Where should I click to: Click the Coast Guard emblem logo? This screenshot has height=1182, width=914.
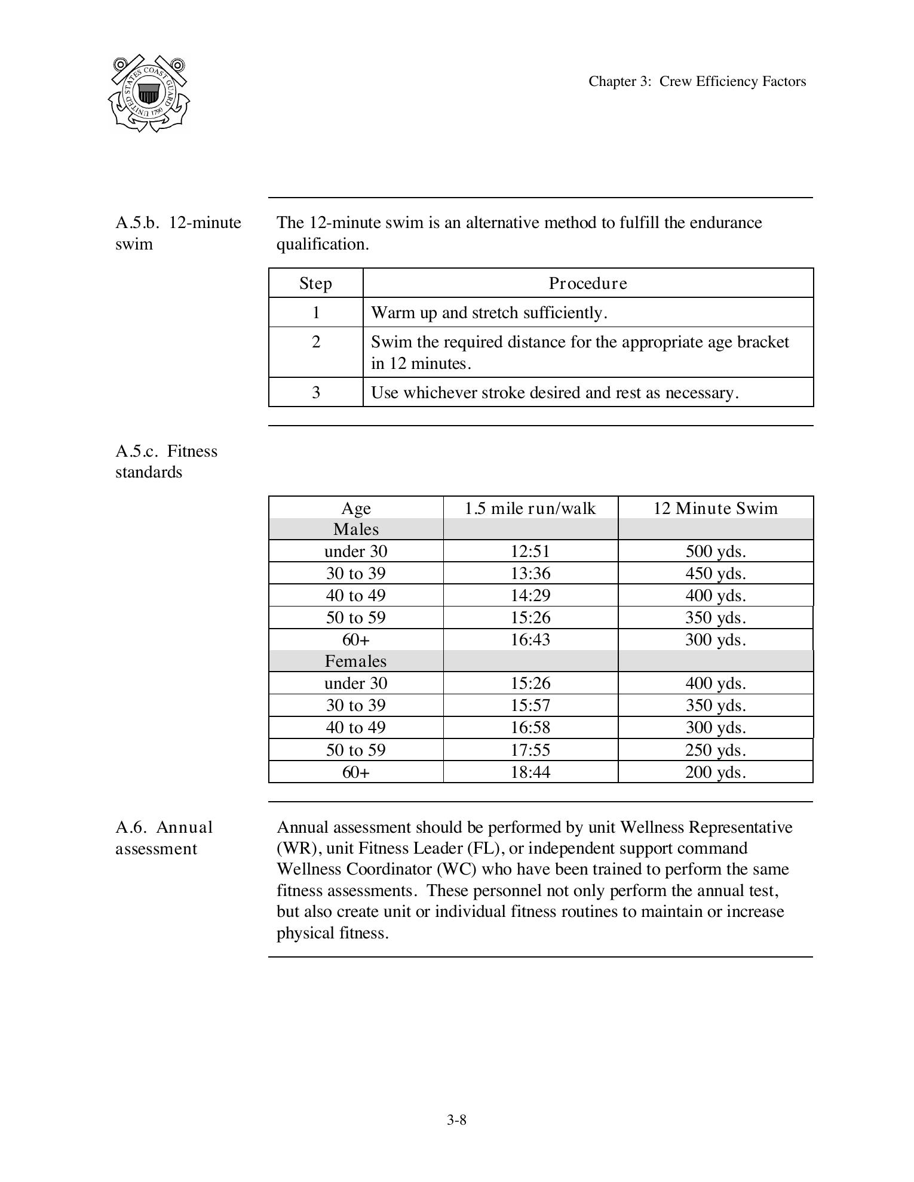(149, 93)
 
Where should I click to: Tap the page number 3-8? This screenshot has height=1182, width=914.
(456, 1120)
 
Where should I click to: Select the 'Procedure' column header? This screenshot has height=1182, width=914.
(588, 284)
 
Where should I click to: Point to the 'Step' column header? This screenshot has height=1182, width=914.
(315, 284)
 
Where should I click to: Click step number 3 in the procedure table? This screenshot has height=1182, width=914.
(315, 393)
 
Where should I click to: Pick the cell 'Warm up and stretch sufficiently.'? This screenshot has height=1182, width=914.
(489, 313)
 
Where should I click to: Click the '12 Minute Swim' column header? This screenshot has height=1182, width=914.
(715, 509)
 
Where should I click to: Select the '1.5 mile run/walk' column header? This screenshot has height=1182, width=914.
(530, 509)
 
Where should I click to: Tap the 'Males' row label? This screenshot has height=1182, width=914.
(356, 530)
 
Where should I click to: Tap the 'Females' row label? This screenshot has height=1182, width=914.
(356, 661)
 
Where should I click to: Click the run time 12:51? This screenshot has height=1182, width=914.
(530, 552)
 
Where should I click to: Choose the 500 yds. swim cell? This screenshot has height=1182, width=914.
(715, 552)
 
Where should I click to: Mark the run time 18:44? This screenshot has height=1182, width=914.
(530, 772)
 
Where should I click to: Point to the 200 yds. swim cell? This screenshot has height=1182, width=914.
(715, 772)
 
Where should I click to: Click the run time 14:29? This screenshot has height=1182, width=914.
(530, 596)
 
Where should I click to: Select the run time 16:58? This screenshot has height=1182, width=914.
(530, 728)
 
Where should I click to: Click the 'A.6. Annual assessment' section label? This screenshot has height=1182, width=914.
(164, 838)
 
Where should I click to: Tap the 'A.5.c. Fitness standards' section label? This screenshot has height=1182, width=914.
(166, 461)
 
